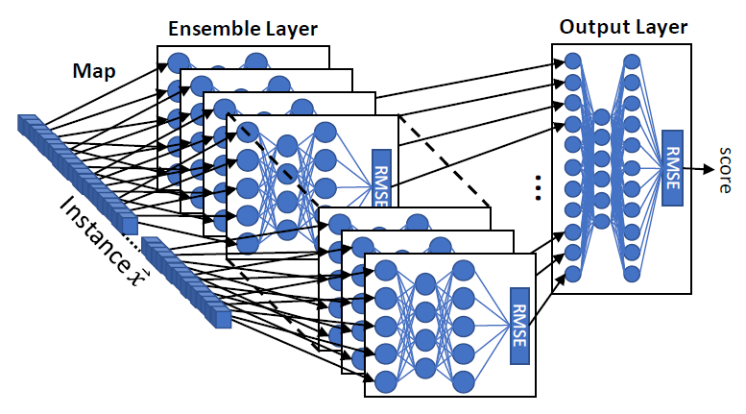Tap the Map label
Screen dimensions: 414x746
[x=93, y=70]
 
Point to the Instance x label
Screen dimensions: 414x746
[x=96, y=235]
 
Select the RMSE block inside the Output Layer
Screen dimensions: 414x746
[x=670, y=169]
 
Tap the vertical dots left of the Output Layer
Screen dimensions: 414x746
[x=538, y=186]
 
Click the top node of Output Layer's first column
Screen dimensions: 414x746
[x=573, y=61]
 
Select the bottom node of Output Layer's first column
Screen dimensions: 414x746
[x=573, y=274]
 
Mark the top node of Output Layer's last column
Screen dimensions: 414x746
[x=631, y=61]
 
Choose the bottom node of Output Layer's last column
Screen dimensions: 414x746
[x=631, y=274]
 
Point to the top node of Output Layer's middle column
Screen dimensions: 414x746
[x=602, y=117]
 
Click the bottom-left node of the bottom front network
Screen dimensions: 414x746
[x=386, y=381]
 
